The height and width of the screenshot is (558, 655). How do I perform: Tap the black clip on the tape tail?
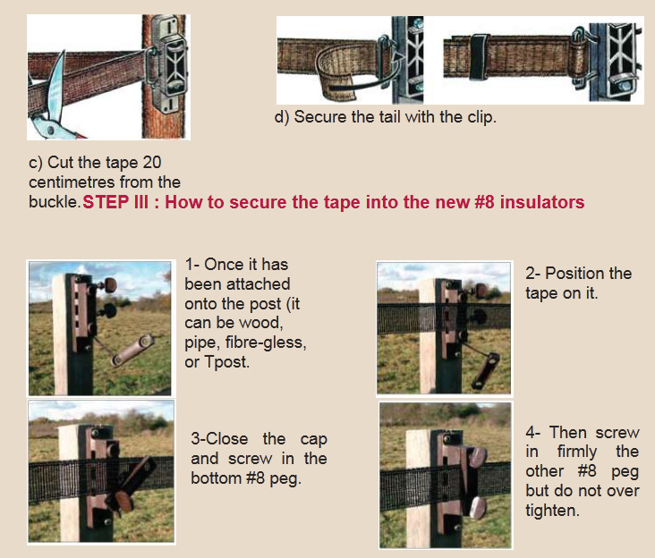[x=479, y=56]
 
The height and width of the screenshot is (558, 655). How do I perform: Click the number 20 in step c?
[x=152, y=163]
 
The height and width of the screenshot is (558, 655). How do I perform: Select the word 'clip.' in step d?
[x=482, y=117]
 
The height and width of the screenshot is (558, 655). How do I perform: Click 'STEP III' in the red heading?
[x=115, y=202]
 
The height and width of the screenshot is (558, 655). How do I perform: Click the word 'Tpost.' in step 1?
[x=226, y=362]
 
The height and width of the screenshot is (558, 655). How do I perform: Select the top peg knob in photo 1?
[x=109, y=285]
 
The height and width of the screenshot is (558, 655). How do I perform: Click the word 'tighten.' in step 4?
[x=552, y=511]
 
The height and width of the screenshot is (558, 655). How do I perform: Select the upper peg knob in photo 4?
[x=478, y=457]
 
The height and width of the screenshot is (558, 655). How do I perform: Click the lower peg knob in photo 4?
[x=479, y=508]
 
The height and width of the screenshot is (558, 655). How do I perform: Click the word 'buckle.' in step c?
[x=55, y=202]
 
